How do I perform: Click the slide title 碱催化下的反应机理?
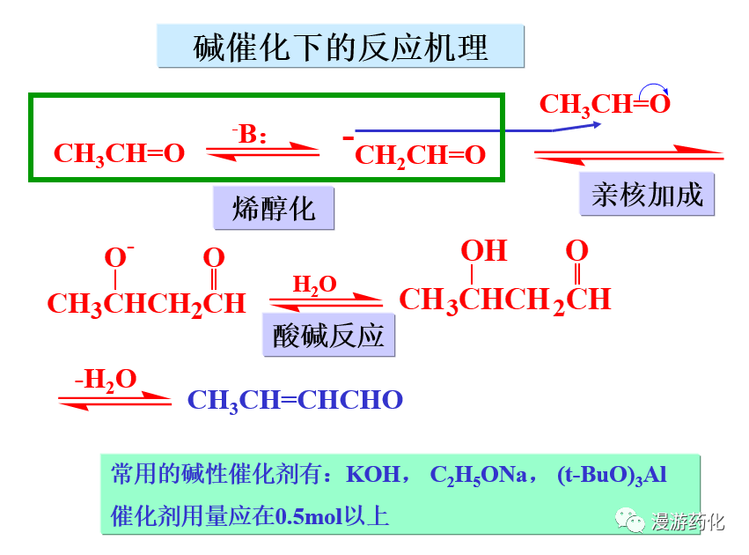tap(341, 47)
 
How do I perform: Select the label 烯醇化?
tap(274, 209)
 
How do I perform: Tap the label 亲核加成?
tap(647, 195)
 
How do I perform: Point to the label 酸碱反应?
tap(329, 337)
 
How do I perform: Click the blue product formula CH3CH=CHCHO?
tap(295, 400)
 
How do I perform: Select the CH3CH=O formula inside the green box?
tap(119, 153)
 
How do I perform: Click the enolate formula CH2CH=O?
tap(420, 156)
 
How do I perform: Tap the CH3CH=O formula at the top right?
tap(604, 105)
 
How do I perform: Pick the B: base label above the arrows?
tap(252, 134)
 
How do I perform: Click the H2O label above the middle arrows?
tap(314, 285)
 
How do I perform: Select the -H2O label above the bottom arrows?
tap(106, 380)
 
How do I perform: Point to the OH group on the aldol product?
tap(484, 251)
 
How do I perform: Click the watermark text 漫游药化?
tap(688, 522)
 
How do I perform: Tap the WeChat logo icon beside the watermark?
tap(630, 521)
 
